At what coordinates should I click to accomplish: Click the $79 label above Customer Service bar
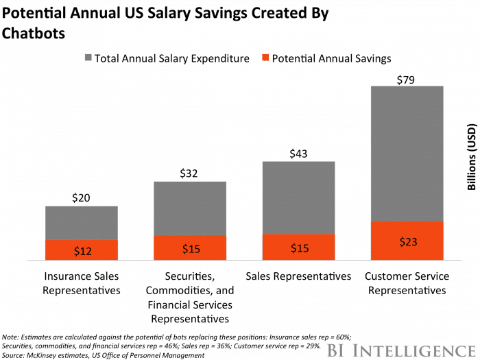point(407,80)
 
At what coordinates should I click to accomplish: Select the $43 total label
point(298,155)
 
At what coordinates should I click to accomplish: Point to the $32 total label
point(190,173)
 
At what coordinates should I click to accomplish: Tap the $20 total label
point(82,198)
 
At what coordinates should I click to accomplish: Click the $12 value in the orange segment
point(82,251)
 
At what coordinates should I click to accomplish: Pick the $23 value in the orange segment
point(407,241)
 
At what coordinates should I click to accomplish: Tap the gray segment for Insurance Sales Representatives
point(82,223)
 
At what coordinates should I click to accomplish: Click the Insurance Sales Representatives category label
point(82,283)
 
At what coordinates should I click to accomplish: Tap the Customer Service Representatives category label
point(407,283)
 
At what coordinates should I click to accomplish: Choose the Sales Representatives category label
point(298,276)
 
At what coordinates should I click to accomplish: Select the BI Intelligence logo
point(405,349)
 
